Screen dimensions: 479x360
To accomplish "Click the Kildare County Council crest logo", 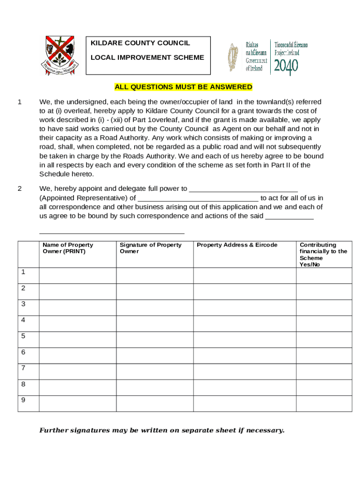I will click(58, 55).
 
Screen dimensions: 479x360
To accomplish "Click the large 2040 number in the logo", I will click(286, 67).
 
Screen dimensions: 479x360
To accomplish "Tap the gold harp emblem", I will click(232, 57).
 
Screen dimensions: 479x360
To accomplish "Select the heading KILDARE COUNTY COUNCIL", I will click(140, 43).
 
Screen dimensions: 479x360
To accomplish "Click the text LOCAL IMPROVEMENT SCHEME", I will click(147, 58).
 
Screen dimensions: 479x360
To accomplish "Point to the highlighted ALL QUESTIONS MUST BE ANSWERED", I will click(183, 87).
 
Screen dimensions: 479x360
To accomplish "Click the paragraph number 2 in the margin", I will click(20, 189).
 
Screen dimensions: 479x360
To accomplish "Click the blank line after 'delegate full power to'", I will click(243, 189).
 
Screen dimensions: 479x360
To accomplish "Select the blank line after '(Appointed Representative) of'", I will click(198, 198).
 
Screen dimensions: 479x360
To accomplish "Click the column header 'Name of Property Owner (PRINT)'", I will click(68, 248).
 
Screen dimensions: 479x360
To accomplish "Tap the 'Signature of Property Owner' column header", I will click(151, 248).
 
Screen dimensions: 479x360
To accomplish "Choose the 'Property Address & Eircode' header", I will click(237, 245).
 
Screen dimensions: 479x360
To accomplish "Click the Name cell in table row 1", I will click(77, 276).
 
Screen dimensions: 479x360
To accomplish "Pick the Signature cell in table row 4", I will click(154, 324).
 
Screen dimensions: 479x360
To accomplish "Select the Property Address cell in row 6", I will click(245, 356).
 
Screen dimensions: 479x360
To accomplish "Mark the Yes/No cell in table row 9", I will click(324, 404).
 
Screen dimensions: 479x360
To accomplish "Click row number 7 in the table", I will click(23, 368).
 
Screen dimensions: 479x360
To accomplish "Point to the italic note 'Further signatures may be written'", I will click(162, 430).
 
